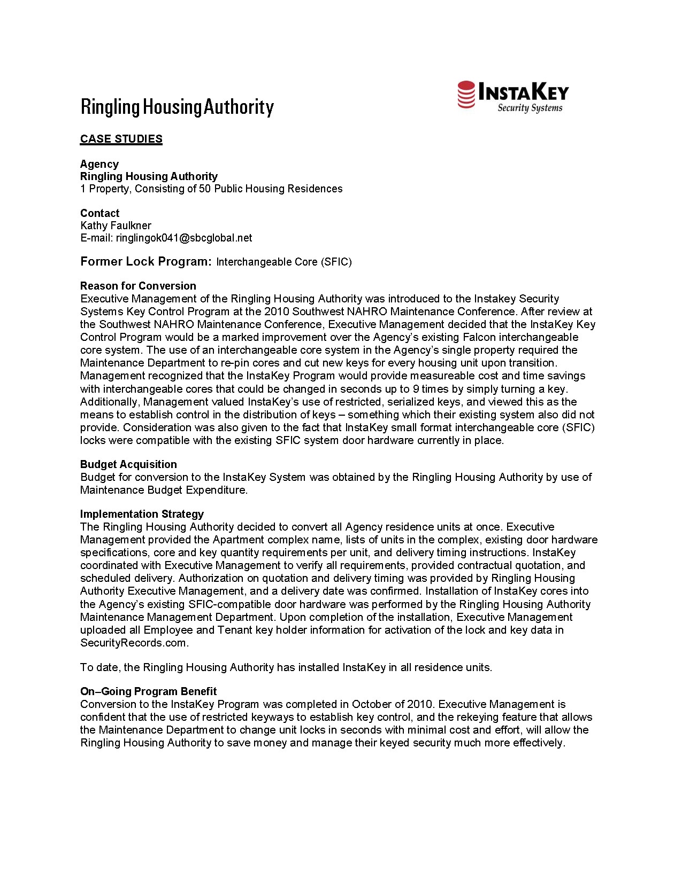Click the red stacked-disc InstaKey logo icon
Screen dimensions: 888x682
466,95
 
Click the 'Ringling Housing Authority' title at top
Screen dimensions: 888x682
177,107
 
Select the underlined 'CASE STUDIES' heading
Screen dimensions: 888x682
121,139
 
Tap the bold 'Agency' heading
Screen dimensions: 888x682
99,164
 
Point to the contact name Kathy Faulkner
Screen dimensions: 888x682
116,225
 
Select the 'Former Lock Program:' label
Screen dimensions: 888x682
146,261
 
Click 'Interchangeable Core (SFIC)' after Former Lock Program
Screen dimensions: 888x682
283,262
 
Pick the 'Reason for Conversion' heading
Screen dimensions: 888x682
138,286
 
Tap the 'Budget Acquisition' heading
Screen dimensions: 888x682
128,464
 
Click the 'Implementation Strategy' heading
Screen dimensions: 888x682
142,514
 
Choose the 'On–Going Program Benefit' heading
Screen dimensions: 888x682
148,691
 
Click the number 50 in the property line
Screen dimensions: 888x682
205,189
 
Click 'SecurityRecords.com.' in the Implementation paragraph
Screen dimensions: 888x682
134,643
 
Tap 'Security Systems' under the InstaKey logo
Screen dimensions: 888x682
530,108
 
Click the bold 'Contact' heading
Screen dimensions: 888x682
99,213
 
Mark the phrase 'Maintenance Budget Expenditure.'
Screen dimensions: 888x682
164,490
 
